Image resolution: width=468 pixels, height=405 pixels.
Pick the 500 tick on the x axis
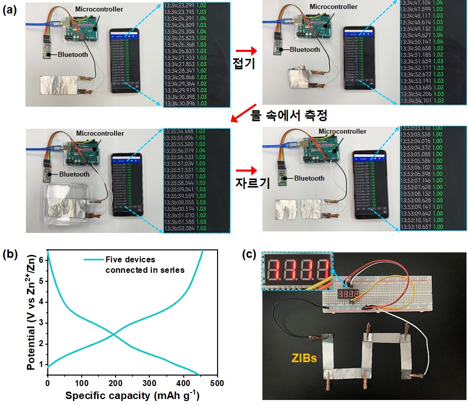click(x=217, y=383)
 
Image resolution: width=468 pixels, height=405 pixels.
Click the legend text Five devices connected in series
click(x=144, y=264)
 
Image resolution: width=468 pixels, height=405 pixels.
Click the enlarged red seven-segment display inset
click(x=297, y=271)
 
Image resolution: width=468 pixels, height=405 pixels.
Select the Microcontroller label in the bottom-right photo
click(x=342, y=131)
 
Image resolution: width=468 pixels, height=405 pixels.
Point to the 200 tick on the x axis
click(x=115, y=383)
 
